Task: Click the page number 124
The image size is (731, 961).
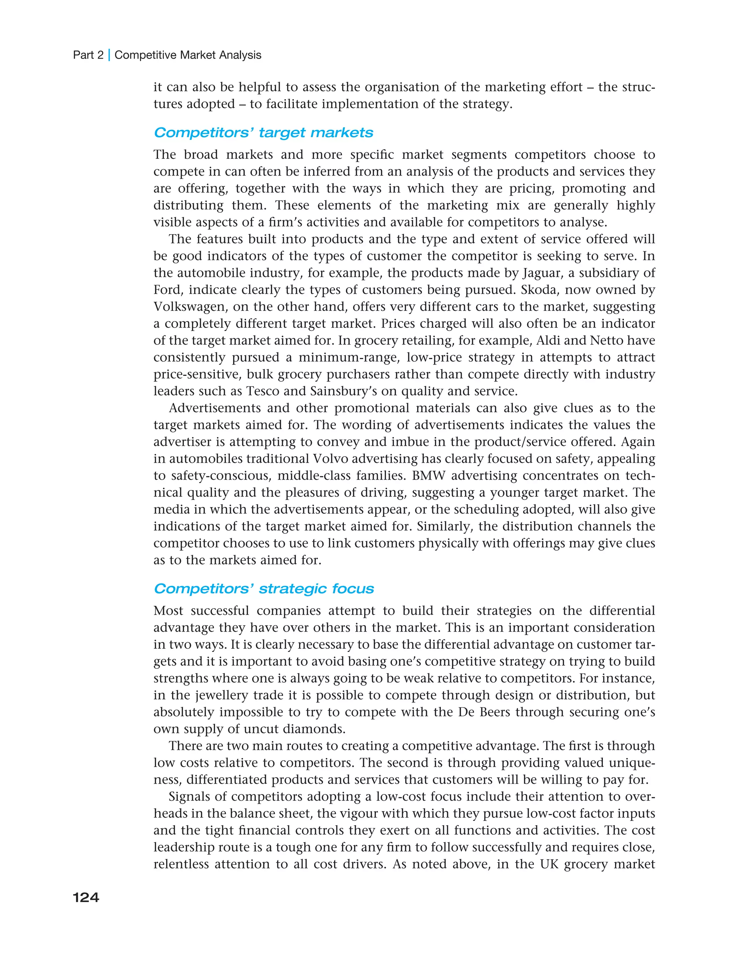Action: pyautogui.click(x=86, y=897)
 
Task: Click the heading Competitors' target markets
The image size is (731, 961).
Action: pyautogui.click(x=263, y=133)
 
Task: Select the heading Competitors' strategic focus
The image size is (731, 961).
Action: pyautogui.click(x=264, y=588)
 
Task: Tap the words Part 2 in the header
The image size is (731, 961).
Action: pyautogui.click(x=88, y=55)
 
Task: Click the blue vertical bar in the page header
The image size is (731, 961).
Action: pyautogui.click(x=109, y=55)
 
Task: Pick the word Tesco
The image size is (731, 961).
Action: pyautogui.click(x=263, y=391)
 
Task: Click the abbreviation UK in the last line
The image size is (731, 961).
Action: pyautogui.click(x=549, y=864)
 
